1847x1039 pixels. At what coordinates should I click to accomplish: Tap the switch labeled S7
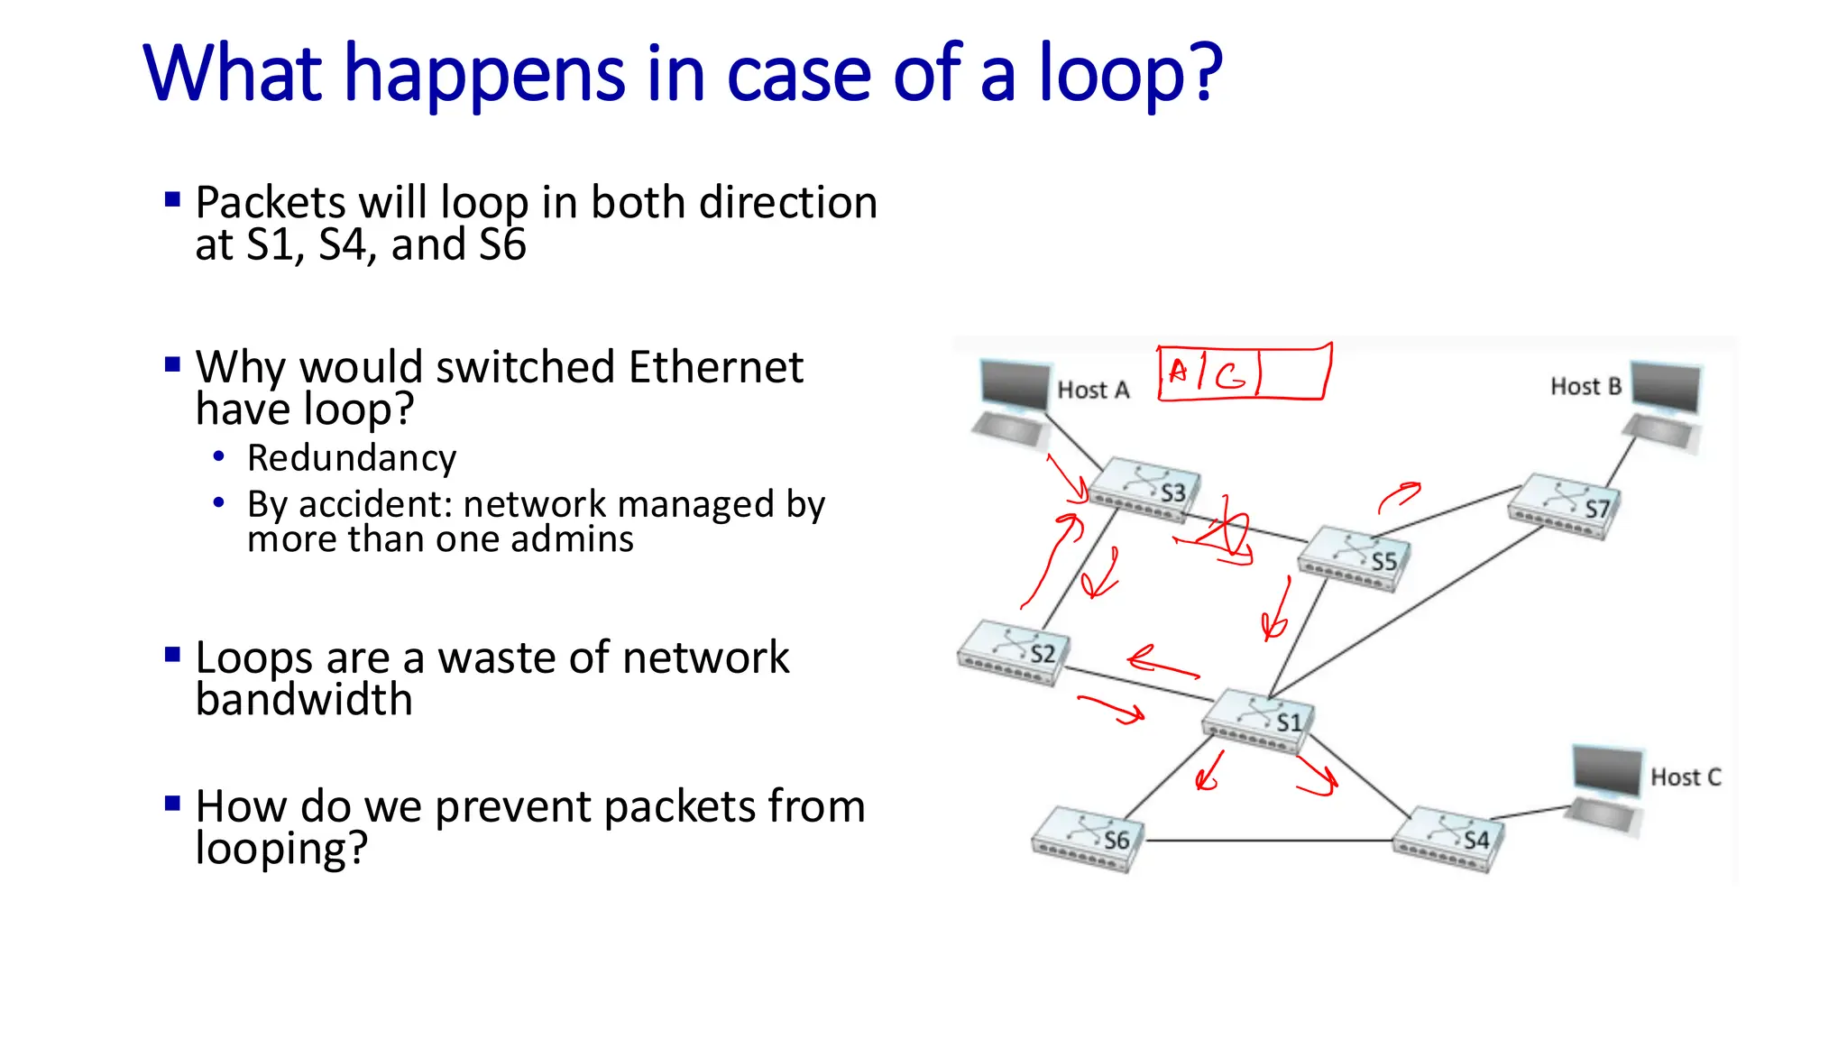click(1563, 506)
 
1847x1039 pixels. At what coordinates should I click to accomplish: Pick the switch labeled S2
click(1013, 652)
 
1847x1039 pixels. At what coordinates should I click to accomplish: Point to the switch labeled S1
click(1257, 721)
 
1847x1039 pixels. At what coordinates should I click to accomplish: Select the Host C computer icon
click(1606, 786)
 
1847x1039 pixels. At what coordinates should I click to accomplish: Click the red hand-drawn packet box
click(1244, 372)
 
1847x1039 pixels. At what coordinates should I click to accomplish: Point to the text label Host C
click(1685, 777)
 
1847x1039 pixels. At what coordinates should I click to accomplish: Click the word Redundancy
click(352, 458)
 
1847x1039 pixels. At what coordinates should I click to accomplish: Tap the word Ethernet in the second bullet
click(715, 367)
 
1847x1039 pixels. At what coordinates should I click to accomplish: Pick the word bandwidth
click(304, 700)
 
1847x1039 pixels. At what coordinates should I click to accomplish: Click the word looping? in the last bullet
click(281, 849)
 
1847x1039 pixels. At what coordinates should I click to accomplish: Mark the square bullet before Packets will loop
click(173, 199)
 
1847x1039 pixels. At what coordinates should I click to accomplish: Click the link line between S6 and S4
click(1267, 841)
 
